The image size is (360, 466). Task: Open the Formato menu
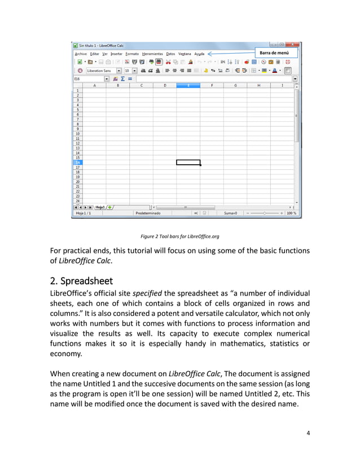(132, 54)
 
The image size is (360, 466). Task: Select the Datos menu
(170, 54)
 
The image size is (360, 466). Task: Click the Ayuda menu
(199, 54)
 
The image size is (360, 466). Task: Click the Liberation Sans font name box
(100, 71)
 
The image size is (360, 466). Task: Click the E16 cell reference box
(87, 79)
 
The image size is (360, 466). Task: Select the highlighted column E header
(188, 85)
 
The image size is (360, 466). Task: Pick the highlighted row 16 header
(77, 162)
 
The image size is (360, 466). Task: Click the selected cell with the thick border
(188, 162)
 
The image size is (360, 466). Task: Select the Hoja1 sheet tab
(100, 207)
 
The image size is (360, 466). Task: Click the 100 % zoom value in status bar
(291, 213)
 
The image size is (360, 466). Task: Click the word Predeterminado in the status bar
(148, 213)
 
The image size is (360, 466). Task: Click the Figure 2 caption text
(179, 236)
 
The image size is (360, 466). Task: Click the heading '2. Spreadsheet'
(81, 280)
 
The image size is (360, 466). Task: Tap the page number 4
(308, 433)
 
